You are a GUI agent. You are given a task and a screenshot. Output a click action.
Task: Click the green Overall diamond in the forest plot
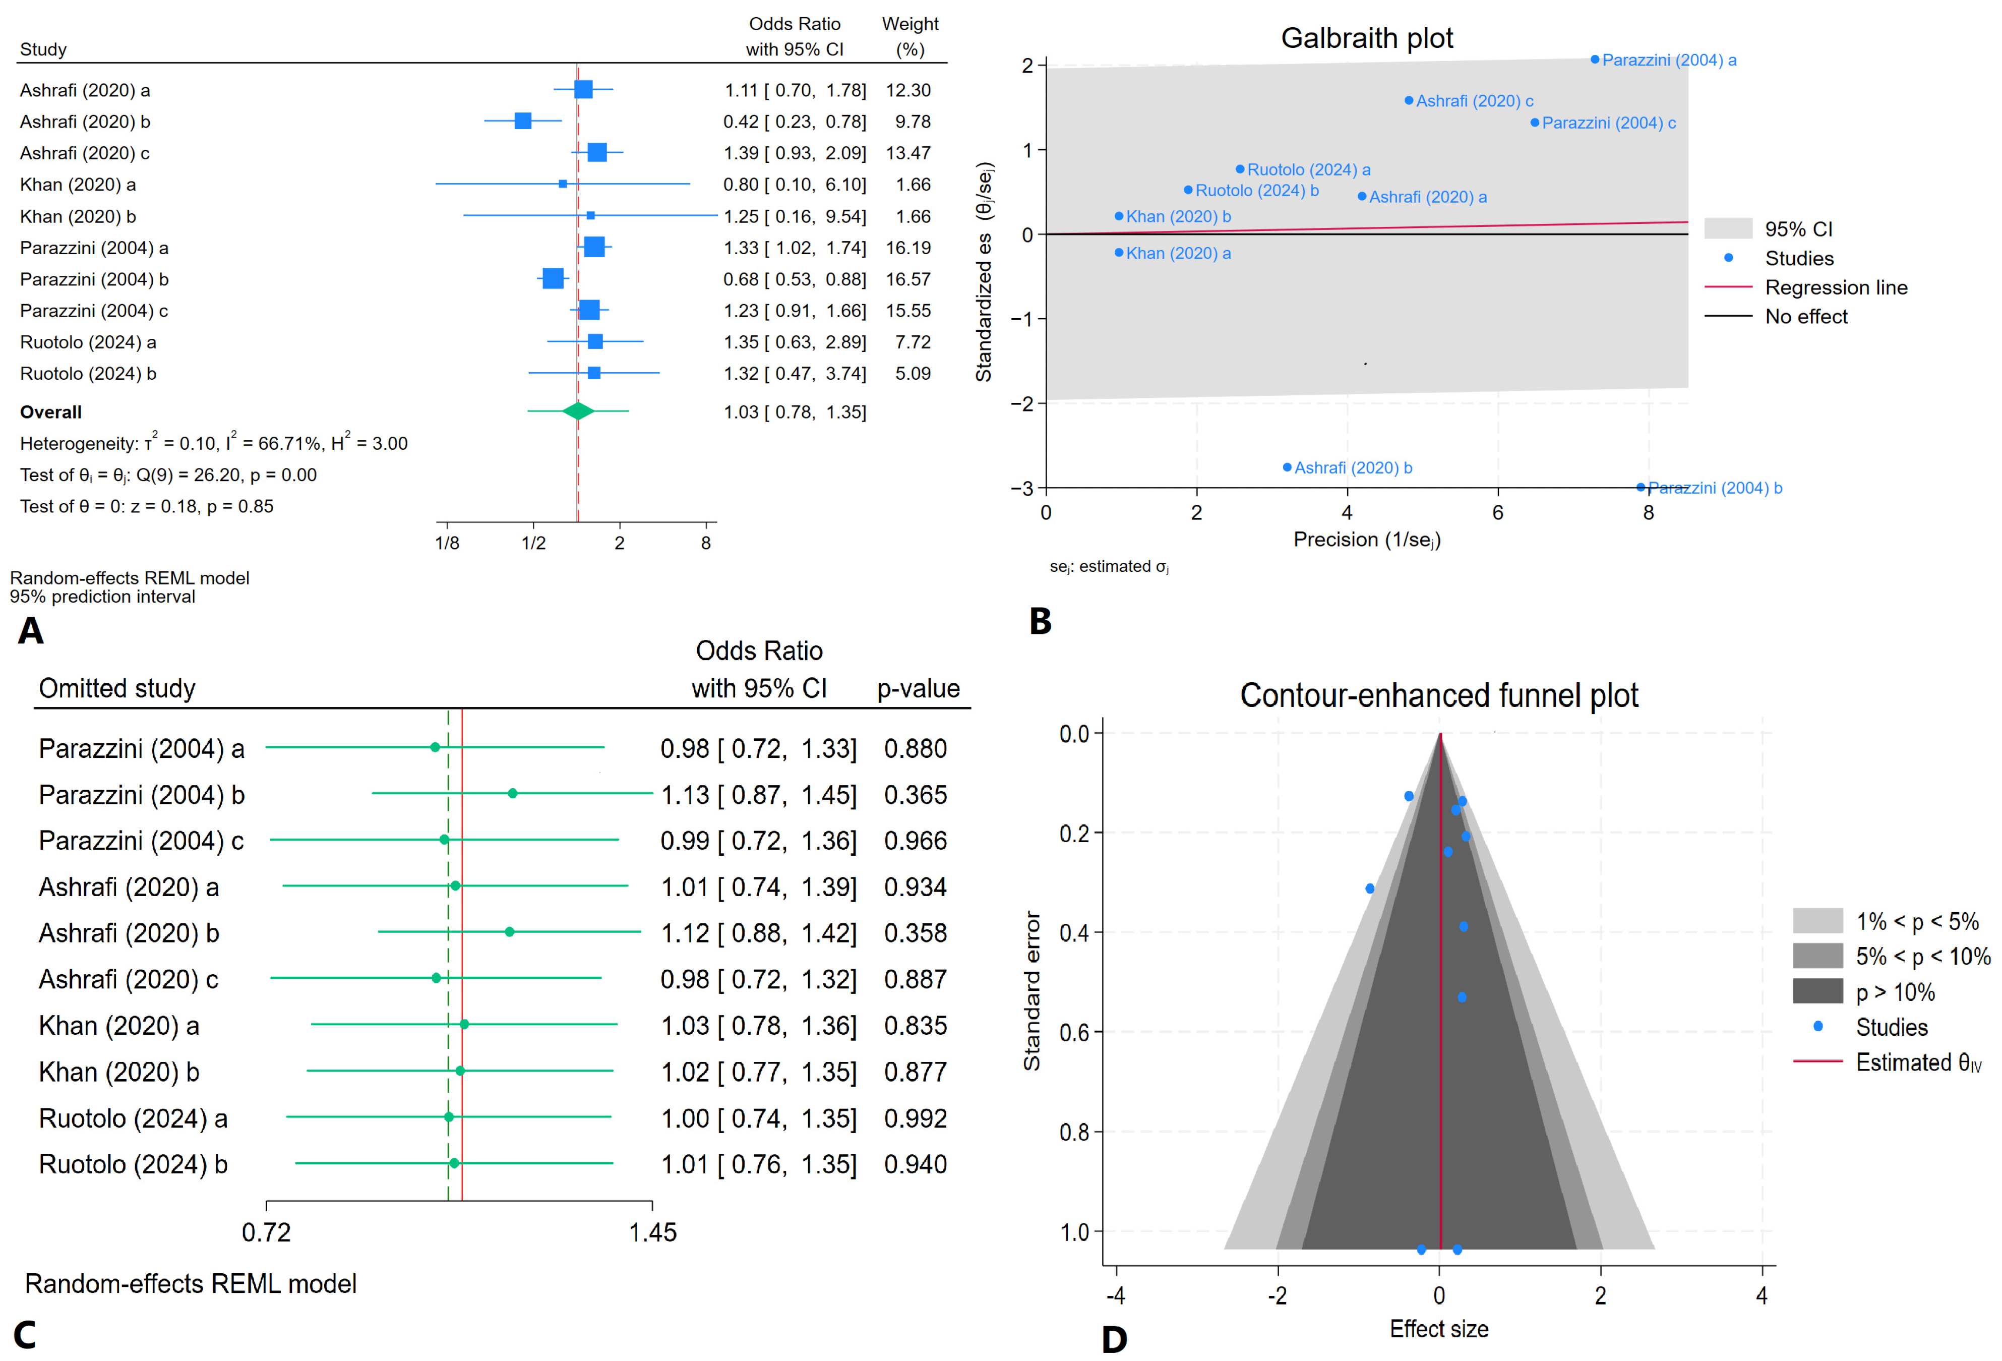(x=578, y=412)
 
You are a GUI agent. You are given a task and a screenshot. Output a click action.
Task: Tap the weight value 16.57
(x=908, y=279)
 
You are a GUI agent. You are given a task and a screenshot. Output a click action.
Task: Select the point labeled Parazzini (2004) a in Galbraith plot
(x=1595, y=60)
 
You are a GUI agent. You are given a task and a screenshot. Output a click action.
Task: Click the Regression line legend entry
(x=1835, y=288)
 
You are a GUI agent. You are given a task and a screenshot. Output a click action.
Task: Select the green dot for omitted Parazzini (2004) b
(x=513, y=793)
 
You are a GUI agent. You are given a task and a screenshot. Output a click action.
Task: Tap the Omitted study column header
(x=117, y=688)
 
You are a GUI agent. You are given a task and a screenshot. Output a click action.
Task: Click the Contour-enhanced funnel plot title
(x=1439, y=695)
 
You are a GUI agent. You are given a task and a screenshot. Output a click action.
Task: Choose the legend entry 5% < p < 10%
(x=1922, y=956)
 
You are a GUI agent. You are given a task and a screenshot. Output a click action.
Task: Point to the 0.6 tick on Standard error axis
(x=1074, y=1032)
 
